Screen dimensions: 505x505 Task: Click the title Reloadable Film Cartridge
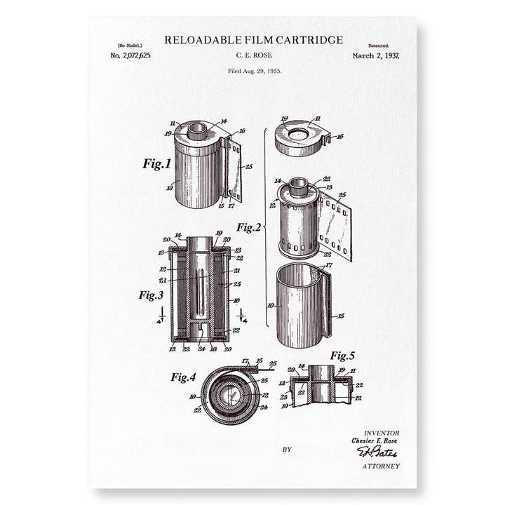[253, 40]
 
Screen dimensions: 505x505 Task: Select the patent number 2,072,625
[130, 55]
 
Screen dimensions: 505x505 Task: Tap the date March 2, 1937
[376, 55]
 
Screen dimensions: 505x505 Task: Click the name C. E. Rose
[254, 55]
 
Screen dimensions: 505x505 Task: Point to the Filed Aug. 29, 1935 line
[254, 71]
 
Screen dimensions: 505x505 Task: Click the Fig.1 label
[156, 164]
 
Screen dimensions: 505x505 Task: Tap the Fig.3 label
[151, 295]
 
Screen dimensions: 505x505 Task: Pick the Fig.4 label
[183, 377]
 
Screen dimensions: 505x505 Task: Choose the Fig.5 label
[346, 356]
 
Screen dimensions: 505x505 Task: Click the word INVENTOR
[382, 433]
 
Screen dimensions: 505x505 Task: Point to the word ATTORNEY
[381, 466]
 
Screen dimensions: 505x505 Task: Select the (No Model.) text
[130, 45]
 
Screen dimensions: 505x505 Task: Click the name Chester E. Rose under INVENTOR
[375, 441]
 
